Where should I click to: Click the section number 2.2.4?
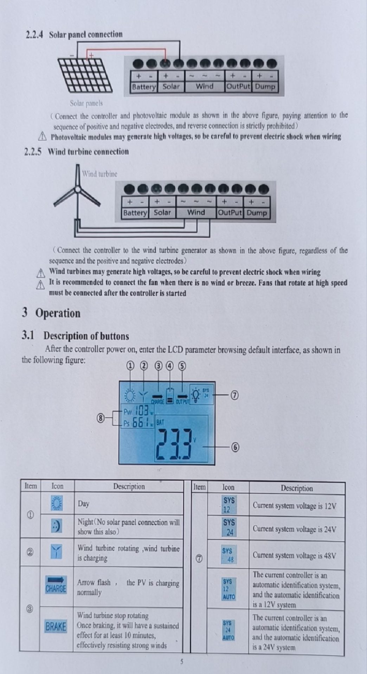point(34,35)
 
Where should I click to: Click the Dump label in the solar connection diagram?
point(265,86)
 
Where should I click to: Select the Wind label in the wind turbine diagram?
point(196,212)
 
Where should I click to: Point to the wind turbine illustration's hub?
point(77,190)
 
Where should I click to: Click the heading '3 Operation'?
point(51,313)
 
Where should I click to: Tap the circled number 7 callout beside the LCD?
point(234,395)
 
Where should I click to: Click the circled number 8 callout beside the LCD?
point(101,418)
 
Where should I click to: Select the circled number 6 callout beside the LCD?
point(235,447)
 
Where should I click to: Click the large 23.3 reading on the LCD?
point(175,444)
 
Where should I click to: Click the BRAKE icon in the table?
point(56,626)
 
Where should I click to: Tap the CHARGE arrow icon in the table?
point(56,584)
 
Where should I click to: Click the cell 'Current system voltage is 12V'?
point(294,506)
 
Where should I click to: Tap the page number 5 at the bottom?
point(182,662)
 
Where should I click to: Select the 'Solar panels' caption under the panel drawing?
point(86,103)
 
